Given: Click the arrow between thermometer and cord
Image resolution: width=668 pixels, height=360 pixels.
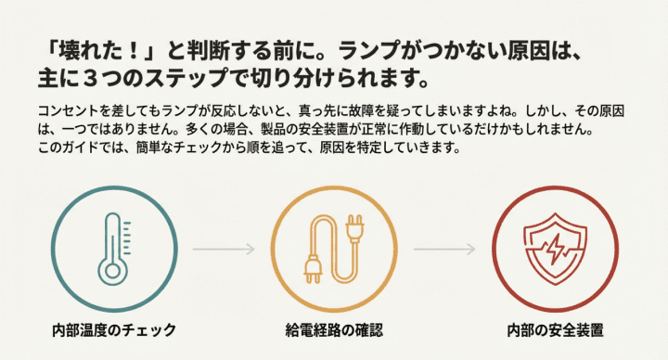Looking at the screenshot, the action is click(224, 250).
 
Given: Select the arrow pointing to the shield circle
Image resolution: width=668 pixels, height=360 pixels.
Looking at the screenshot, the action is click(444, 250).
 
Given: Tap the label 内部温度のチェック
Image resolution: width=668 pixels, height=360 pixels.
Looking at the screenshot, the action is click(114, 330).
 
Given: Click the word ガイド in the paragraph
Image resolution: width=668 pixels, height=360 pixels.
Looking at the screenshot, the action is click(76, 148).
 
